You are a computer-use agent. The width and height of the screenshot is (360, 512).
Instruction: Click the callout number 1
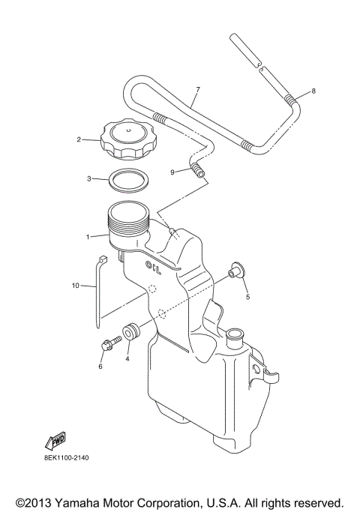[x=88, y=237]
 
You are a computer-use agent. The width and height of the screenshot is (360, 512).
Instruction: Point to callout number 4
[x=127, y=359]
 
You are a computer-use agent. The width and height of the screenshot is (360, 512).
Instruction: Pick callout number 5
[x=247, y=296]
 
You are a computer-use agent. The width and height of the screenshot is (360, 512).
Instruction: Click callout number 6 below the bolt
[x=100, y=367]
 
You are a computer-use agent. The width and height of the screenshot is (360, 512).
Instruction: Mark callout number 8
[x=313, y=91]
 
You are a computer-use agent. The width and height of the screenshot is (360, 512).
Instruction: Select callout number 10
[x=75, y=286]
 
